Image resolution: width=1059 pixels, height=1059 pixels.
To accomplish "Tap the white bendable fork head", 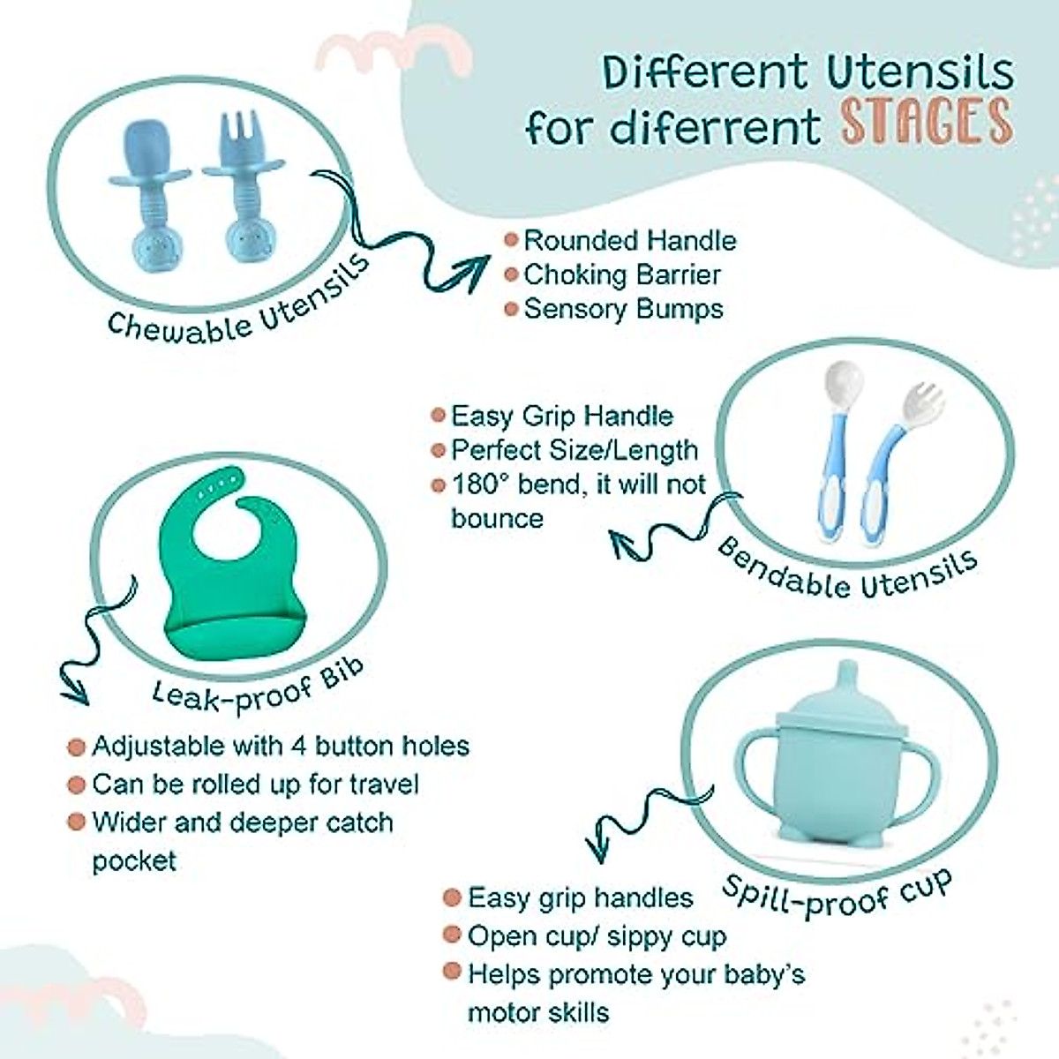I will (x=920, y=407).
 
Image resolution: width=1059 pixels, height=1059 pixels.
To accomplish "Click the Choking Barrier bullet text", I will (x=622, y=274).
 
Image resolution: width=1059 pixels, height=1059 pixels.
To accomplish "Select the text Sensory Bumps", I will (x=623, y=309).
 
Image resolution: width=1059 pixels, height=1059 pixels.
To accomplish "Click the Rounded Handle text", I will (x=630, y=240).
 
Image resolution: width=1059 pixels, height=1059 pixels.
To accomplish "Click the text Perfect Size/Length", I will (x=575, y=450).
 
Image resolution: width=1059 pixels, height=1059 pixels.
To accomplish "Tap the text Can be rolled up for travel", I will (x=255, y=784).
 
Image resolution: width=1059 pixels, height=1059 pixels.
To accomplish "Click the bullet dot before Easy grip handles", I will (x=452, y=898).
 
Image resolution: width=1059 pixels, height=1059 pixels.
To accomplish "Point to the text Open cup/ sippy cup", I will (x=597, y=935).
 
